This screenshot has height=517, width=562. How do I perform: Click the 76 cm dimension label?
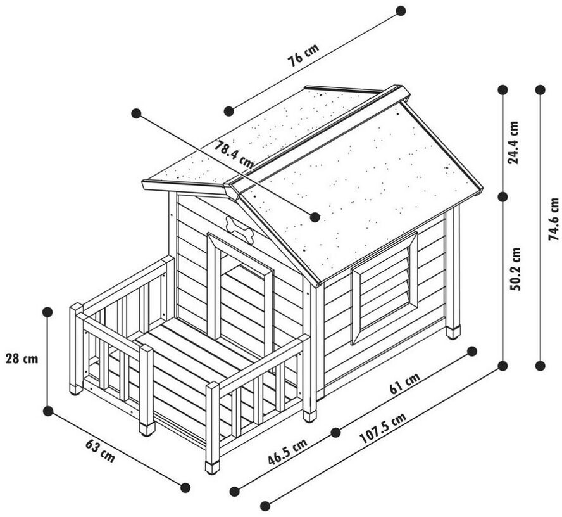point(304,56)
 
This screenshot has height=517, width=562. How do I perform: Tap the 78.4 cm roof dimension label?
point(234,156)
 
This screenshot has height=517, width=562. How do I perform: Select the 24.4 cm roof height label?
point(514,143)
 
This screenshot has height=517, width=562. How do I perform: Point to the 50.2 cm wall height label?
point(515,269)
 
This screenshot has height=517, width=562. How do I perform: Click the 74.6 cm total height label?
point(554,219)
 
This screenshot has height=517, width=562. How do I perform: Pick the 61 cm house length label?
point(404,384)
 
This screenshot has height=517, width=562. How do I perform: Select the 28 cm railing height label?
point(22,359)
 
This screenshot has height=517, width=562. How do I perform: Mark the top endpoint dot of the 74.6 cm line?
point(540,90)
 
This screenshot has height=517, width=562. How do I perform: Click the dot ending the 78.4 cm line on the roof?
point(315,217)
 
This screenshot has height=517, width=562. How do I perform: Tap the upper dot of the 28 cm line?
point(47,312)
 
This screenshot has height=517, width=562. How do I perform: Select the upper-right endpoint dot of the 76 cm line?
point(400,11)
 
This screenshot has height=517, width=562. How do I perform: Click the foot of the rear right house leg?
point(453,332)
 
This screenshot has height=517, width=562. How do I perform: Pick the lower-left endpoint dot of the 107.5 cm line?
point(265,506)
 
